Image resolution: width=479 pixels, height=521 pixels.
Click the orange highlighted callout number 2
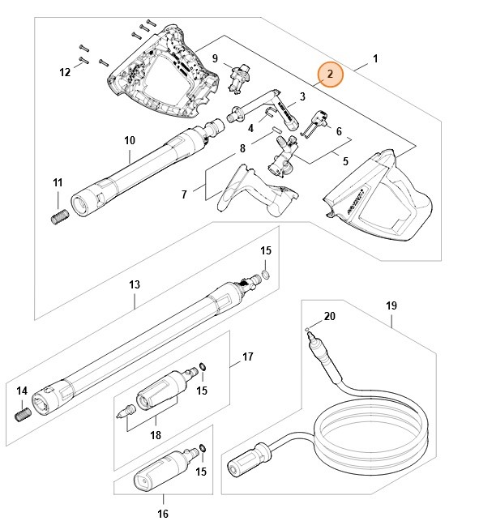[x=330, y=74]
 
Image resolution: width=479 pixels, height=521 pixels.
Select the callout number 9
[x=215, y=58]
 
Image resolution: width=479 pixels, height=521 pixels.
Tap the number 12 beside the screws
[x=65, y=73]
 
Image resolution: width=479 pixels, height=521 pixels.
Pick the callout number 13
[x=135, y=284]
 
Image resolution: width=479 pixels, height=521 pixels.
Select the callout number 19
[x=391, y=306]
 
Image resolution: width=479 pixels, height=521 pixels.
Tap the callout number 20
[x=329, y=315]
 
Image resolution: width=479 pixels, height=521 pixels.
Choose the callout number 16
[x=162, y=513]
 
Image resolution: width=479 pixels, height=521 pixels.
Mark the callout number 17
[x=248, y=357]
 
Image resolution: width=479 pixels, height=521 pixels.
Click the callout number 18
[x=156, y=434]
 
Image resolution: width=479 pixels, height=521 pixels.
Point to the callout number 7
[x=184, y=194]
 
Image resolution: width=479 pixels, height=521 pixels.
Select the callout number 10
[x=130, y=140]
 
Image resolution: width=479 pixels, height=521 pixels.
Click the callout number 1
[x=375, y=58]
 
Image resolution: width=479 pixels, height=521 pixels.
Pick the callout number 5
[x=345, y=161]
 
